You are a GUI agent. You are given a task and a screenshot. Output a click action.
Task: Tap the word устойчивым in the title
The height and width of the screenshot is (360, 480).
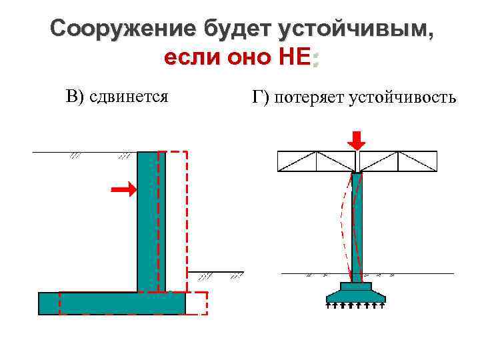(x=355, y=29)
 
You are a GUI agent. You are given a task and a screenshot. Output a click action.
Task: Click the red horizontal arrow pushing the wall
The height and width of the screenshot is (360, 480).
(x=124, y=191)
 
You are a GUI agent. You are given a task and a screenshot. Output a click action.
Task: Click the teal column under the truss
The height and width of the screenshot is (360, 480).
(x=357, y=227)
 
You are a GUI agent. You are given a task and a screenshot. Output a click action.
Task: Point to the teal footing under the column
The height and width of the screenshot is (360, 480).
(x=356, y=293)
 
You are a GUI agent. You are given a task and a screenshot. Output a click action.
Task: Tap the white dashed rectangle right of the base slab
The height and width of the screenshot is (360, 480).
(x=196, y=303)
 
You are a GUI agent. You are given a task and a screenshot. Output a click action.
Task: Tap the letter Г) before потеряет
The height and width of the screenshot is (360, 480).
(x=261, y=98)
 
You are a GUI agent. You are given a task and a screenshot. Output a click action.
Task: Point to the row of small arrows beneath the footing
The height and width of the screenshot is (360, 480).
(x=356, y=306)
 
